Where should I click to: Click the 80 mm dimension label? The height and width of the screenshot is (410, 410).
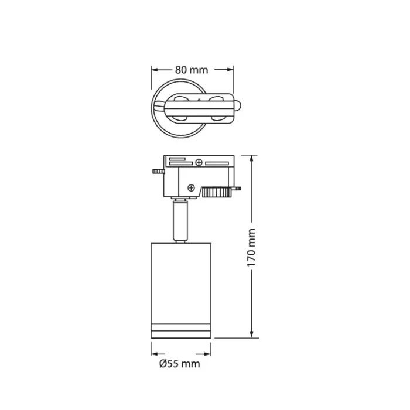(192, 70)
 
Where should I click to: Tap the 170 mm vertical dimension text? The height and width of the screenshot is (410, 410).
(251, 247)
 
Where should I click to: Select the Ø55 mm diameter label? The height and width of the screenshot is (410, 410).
(179, 364)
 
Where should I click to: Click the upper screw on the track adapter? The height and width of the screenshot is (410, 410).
(199, 162)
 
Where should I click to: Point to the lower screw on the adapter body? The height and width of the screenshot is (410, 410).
(191, 187)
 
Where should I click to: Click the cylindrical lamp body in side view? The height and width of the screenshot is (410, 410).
(180, 281)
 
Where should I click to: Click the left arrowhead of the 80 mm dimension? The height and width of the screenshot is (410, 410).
(155, 70)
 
